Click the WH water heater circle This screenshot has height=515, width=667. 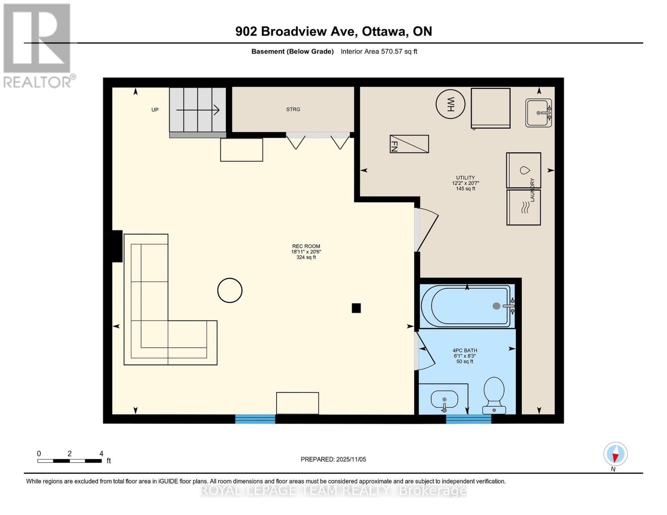coord(450,104)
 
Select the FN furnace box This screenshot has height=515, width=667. coord(409,144)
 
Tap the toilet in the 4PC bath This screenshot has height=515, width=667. coord(494,396)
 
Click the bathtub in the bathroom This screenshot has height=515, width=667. coord(467,306)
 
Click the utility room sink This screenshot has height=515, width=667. coord(539,113)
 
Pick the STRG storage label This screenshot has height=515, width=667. coord(293,109)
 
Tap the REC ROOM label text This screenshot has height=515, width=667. coord(306,246)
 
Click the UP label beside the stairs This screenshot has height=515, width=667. coord(155,110)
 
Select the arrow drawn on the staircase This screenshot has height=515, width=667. coord(198,110)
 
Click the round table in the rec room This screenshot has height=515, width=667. coord(230,290)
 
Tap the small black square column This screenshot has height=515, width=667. coord(356,308)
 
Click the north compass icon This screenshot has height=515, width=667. coord(615,454)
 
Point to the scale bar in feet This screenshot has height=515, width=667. coord(70,460)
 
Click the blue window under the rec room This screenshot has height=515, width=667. coord(255,419)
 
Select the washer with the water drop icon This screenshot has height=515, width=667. coord(524,170)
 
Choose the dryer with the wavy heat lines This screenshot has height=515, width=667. coord(524,207)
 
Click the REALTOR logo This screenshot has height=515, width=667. coord(38,46)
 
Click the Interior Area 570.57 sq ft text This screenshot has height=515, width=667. coord(379,51)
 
